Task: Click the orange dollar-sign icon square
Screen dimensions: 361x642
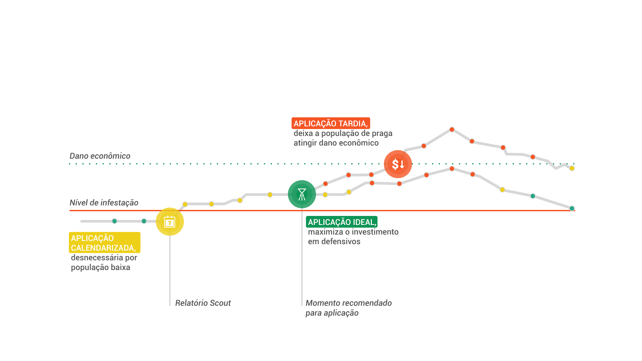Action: pos(398,164)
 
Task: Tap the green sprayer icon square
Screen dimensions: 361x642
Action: pos(302,194)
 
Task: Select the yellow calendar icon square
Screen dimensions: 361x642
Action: pos(170,222)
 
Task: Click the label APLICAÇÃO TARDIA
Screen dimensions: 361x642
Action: pos(330,123)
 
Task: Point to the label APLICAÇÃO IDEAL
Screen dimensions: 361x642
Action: pos(342,222)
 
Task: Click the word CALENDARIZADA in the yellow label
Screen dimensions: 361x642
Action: pos(103,248)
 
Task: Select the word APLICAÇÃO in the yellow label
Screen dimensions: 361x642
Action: pos(92,238)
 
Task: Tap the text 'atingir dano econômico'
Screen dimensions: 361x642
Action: pos(336,143)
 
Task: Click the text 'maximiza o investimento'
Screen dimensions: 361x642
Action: pos(353,232)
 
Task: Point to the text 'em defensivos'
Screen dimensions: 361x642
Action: pos(334,241)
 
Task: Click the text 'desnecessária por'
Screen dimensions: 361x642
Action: pos(104,258)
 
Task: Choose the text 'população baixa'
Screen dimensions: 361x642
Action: pos(100,267)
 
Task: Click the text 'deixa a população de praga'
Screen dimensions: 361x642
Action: pos(343,133)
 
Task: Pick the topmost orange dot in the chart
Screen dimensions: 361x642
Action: pos(452,129)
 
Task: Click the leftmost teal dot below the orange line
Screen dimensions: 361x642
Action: pos(115,221)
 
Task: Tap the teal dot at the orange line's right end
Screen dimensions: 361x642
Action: pos(572,209)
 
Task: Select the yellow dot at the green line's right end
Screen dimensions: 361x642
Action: pos(572,168)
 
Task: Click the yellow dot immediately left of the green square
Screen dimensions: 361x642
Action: pos(270,195)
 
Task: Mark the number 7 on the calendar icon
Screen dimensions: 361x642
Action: pos(170,223)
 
